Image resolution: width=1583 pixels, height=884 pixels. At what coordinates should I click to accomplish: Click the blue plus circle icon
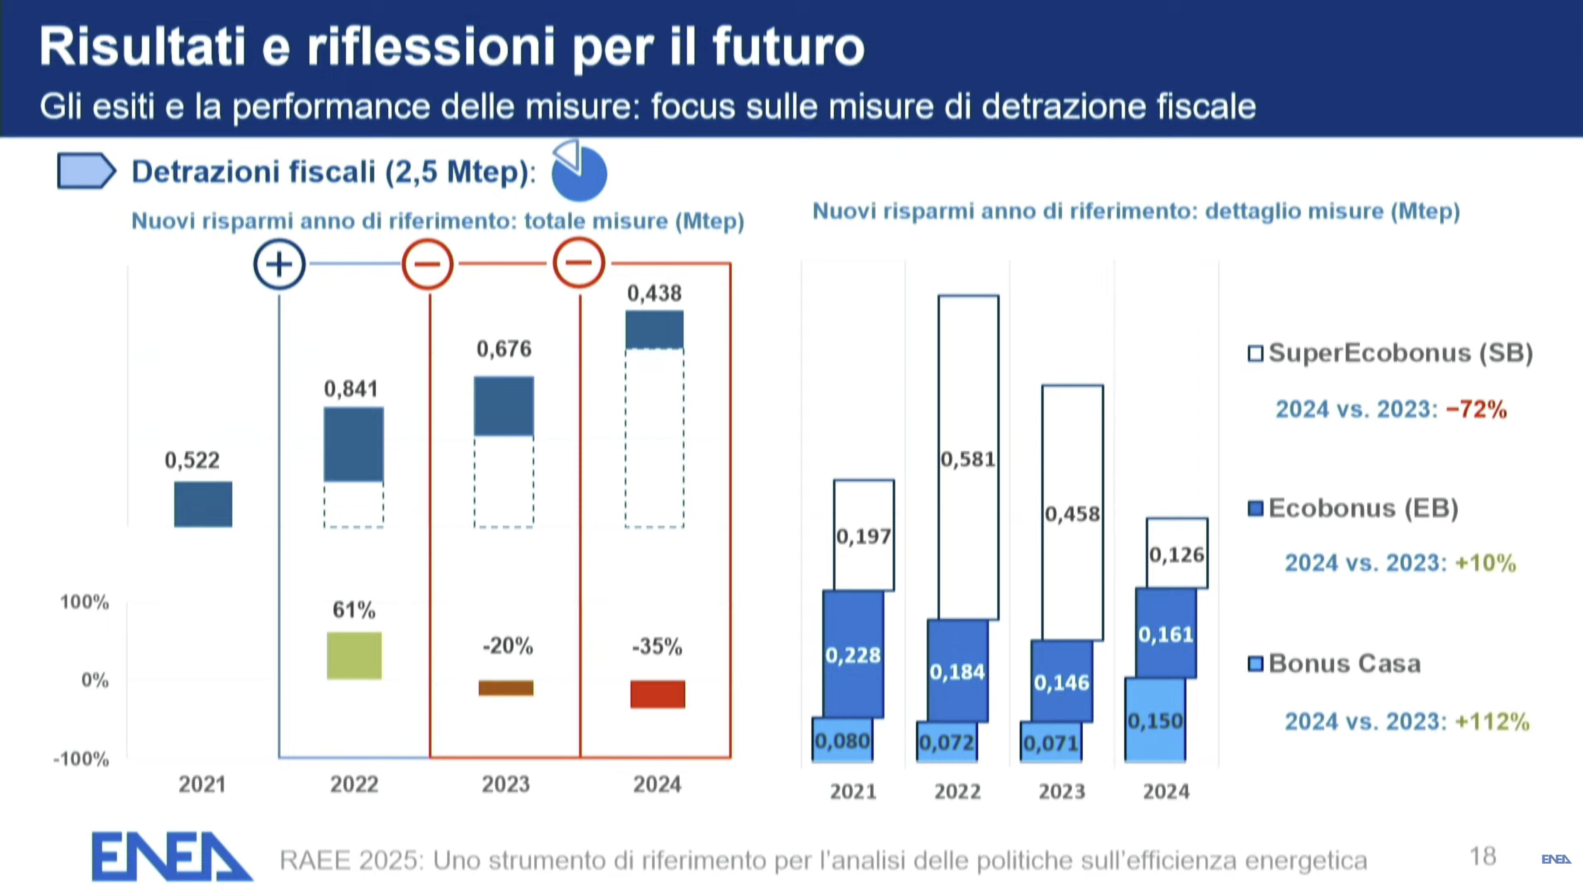click(279, 265)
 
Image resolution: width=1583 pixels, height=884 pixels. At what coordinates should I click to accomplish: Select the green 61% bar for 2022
click(354, 655)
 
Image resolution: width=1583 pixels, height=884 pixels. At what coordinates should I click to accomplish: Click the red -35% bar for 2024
click(658, 694)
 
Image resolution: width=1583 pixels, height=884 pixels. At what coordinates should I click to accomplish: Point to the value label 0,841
click(351, 388)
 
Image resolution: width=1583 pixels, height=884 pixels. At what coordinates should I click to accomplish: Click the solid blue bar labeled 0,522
click(203, 504)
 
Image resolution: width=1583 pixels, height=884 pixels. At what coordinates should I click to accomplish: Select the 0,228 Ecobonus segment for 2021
click(853, 654)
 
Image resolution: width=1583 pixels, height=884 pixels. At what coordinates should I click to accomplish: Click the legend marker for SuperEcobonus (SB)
click(1255, 354)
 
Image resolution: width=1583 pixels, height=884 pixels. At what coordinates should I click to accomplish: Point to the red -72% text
click(1476, 409)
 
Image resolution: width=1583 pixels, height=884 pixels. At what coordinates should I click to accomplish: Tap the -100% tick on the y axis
click(81, 759)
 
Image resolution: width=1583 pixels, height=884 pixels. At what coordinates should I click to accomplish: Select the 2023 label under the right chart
click(1062, 791)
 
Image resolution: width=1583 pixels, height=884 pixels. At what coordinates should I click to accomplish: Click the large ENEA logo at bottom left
click(171, 856)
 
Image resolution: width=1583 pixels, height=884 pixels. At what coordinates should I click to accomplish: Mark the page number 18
click(1482, 856)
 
